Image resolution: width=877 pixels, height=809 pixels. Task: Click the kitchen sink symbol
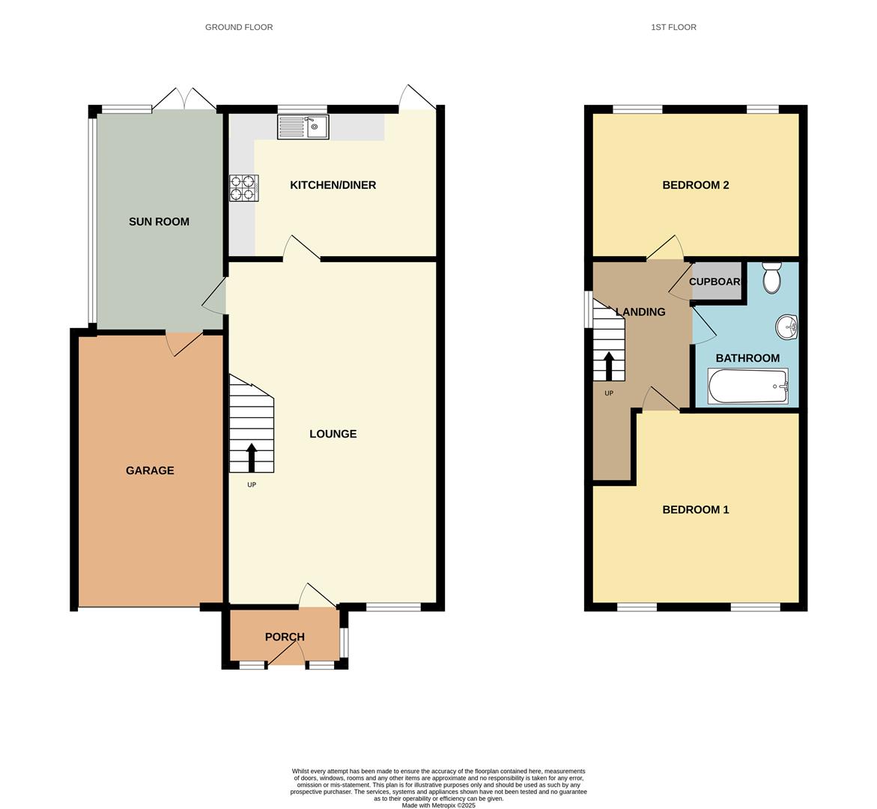[303, 127]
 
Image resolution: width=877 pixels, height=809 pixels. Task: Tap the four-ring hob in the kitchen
[243, 187]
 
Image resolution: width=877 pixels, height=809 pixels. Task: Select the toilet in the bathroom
[771, 278]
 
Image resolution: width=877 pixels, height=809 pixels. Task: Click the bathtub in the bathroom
[747, 387]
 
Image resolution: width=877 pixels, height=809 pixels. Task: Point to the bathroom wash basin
[786, 327]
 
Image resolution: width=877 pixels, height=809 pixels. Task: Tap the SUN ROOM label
[159, 222]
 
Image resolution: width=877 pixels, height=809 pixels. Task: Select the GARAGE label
[150, 470]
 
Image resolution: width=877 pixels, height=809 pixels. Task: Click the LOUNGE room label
[333, 434]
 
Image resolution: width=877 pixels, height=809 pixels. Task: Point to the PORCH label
[285, 637]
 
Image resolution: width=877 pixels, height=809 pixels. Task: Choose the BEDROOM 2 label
[695, 185]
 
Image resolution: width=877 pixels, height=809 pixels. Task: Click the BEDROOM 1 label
[695, 509]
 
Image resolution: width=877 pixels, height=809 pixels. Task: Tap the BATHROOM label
[747, 358]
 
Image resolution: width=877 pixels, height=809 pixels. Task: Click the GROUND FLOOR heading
[239, 27]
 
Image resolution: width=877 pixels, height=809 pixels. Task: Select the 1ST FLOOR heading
[673, 27]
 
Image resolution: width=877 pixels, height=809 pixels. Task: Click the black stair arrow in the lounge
[251, 458]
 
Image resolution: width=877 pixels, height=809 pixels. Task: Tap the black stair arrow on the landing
[608, 366]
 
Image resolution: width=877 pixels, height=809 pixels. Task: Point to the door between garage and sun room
[184, 343]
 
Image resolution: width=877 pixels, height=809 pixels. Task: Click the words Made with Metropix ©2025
[438, 805]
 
